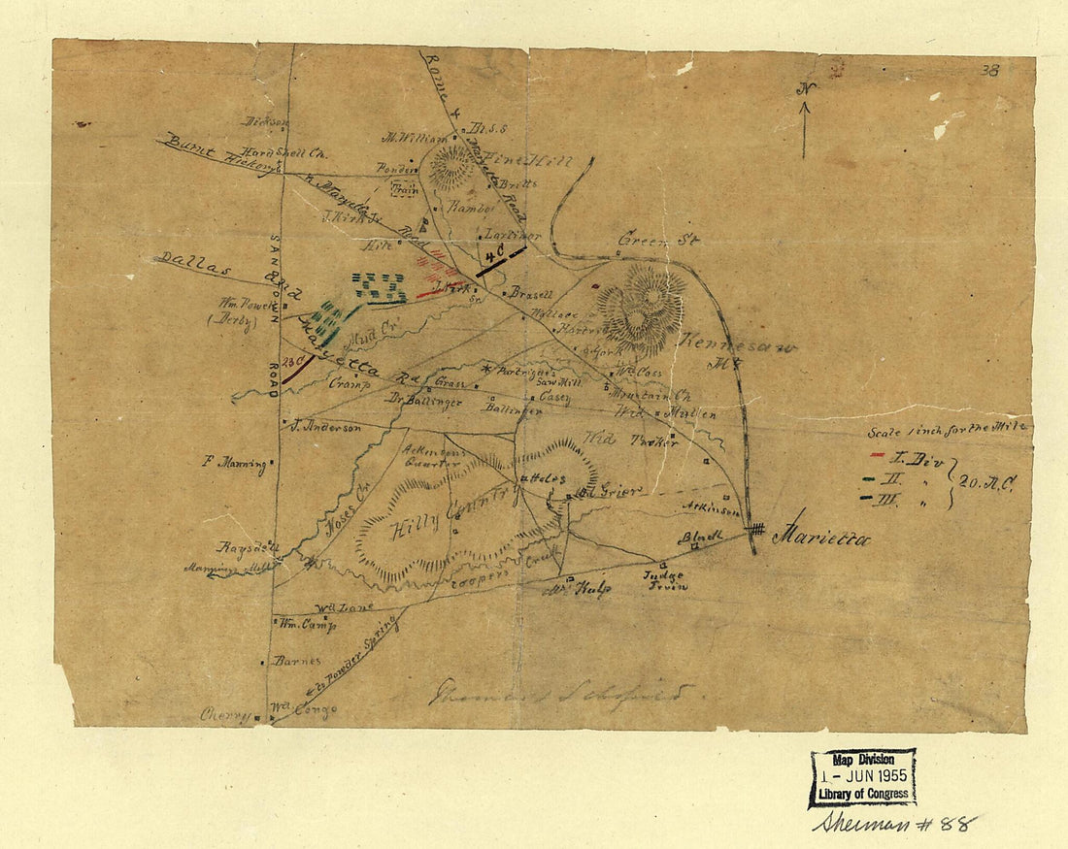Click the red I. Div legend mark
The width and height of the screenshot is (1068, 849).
click(877, 455)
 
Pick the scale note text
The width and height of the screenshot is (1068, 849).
click(949, 427)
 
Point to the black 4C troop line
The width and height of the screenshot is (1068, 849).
click(501, 261)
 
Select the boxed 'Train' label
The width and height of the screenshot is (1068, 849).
click(405, 190)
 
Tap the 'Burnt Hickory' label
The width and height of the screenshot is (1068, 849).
click(214, 154)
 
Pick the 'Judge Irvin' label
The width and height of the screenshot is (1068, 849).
click(665, 579)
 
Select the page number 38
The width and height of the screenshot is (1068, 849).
click(990, 71)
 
